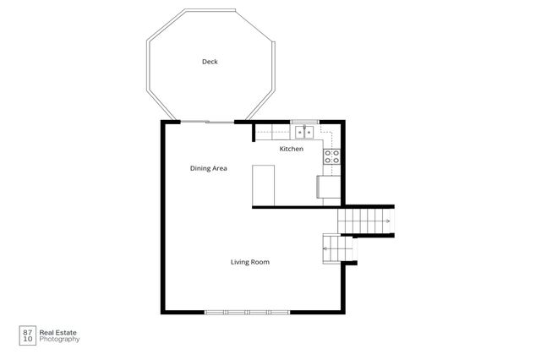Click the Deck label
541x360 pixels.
pos(210,62)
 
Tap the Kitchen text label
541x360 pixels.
pos(292,149)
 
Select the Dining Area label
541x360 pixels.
pos(208,168)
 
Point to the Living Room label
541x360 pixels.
pos(250,262)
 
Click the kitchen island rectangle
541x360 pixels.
pos(264,185)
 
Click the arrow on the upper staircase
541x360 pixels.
pos(386,221)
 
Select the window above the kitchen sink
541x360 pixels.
pos(303,123)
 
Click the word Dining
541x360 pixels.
pos(199,168)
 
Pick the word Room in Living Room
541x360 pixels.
pos(260,262)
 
